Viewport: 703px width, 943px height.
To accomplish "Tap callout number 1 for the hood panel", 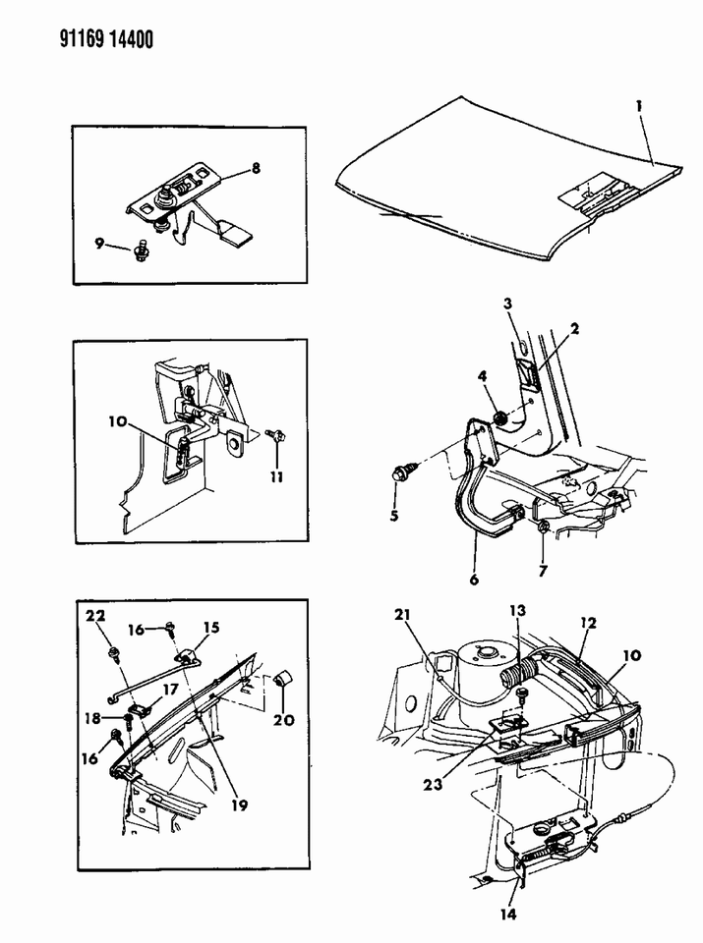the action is (639, 106).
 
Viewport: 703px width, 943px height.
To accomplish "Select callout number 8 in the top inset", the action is (256, 168).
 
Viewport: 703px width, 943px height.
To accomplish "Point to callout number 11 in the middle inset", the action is (276, 477).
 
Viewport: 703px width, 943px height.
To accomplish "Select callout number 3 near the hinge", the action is (508, 304).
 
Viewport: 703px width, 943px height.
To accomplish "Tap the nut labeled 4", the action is (498, 417).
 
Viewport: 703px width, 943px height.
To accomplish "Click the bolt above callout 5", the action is (401, 474).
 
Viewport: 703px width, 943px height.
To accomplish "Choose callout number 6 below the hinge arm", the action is (474, 580).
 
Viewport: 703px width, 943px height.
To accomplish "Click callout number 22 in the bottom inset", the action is (95, 615).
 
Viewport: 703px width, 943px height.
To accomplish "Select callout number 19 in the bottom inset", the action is (239, 804).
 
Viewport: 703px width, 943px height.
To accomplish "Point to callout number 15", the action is (211, 628).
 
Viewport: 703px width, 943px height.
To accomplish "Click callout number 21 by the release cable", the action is (402, 614).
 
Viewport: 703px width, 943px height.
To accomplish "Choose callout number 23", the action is (433, 784).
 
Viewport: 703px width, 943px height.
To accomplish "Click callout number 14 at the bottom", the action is (508, 915).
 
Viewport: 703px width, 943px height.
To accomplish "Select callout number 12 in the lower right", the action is (588, 623).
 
